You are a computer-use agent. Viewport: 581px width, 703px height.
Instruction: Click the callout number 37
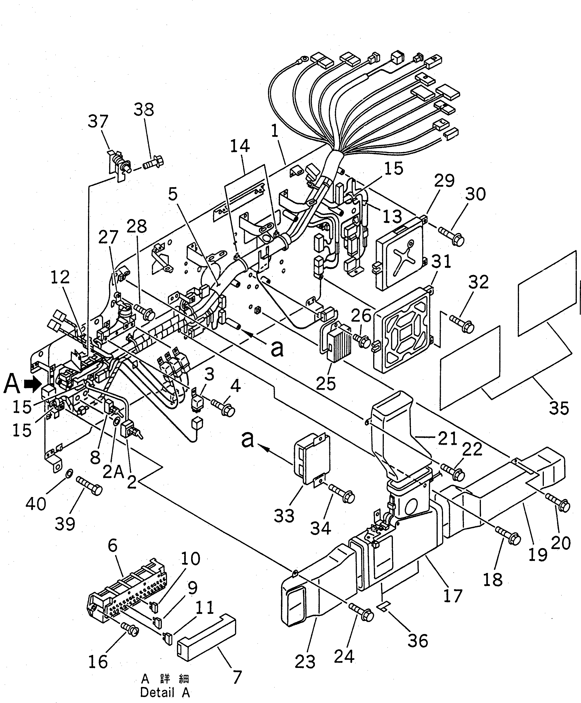point(98,122)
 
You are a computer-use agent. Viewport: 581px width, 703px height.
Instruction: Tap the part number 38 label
point(144,110)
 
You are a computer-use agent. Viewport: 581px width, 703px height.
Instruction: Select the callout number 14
point(240,146)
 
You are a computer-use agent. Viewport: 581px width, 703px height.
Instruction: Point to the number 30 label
point(475,194)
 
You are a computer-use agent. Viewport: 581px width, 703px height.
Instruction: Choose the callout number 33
point(284,516)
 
